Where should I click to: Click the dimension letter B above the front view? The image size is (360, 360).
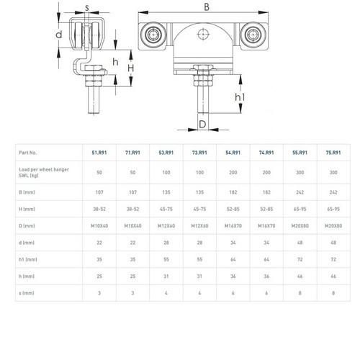(x=207, y=6)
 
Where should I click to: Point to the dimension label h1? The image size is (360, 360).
(x=240, y=97)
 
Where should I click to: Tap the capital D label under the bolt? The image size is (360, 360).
(x=202, y=124)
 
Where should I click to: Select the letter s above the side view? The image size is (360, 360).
(x=87, y=8)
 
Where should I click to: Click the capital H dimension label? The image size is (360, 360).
(x=130, y=68)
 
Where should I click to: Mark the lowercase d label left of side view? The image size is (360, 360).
(x=58, y=35)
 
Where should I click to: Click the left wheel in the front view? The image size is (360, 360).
(x=153, y=35)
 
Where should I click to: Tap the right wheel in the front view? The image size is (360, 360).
(x=253, y=35)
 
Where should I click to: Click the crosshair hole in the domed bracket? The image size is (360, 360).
(x=203, y=34)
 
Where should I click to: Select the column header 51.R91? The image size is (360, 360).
(x=99, y=153)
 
